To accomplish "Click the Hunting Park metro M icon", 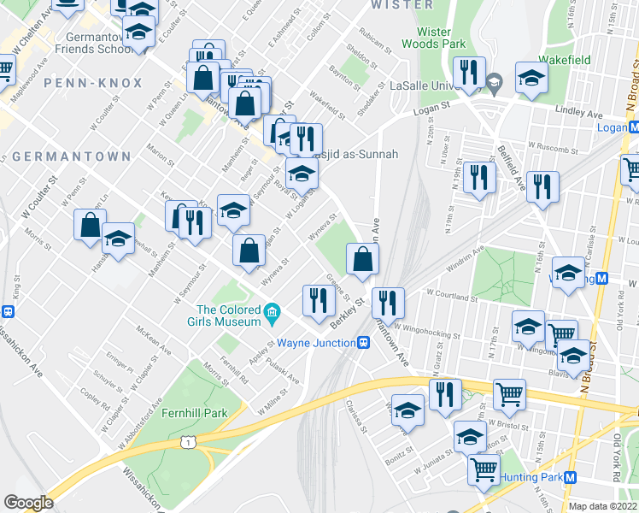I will click(571, 477).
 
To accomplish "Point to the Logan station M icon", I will click(633, 127).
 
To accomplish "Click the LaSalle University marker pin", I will click(494, 85).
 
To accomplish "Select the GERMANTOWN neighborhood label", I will click(72, 156).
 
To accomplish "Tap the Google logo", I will click(28, 503).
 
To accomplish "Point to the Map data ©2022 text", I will click(603, 506).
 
